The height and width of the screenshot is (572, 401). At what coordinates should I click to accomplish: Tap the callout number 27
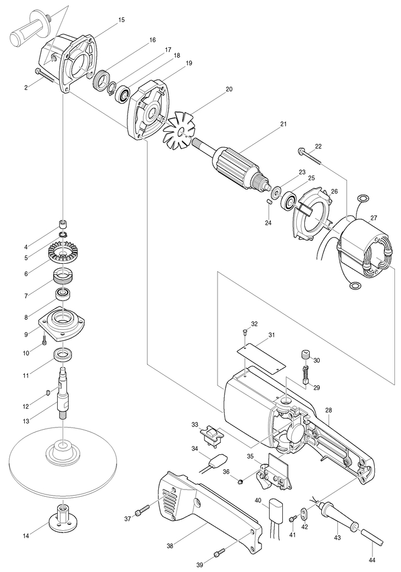pos(374,218)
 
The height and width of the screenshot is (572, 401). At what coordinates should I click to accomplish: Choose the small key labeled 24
pos(269,201)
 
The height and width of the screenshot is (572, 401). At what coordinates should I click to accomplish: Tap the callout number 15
pos(121,20)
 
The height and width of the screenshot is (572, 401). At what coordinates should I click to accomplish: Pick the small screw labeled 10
pos(44,341)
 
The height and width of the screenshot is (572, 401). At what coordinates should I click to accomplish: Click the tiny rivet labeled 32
pos(246,331)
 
